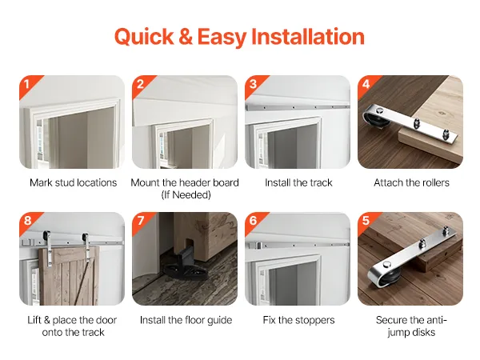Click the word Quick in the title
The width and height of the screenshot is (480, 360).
click(x=144, y=37)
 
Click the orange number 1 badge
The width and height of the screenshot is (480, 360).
click(x=28, y=85)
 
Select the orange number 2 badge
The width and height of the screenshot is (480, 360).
click(x=141, y=85)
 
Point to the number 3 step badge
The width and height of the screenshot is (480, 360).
click(x=254, y=85)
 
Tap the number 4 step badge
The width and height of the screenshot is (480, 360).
click(x=366, y=85)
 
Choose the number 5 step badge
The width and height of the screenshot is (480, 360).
click(x=366, y=222)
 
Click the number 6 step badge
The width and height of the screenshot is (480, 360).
click(x=254, y=222)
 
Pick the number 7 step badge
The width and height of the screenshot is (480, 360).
click(x=141, y=222)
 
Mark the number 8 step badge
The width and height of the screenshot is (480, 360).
click(x=28, y=222)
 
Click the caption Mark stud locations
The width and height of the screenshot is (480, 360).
click(x=73, y=182)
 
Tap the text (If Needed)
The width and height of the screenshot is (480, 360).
click(x=186, y=194)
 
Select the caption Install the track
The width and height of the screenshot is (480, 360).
click(x=298, y=182)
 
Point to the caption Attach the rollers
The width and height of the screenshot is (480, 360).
click(x=411, y=182)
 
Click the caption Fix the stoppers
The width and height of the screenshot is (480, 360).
click(x=298, y=320)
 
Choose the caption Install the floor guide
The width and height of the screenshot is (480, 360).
click(x=186, y=320)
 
